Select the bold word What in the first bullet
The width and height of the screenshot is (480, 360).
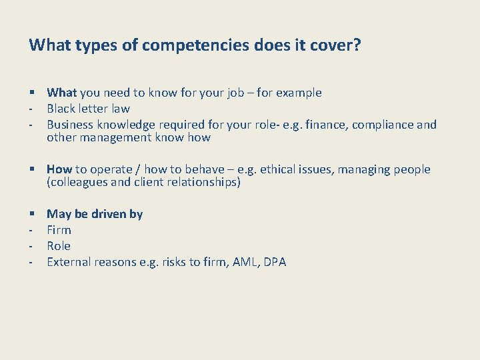click(62, 93)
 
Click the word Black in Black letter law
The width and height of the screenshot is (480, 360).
click(62, 109)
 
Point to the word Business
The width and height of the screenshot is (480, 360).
click(71, 125)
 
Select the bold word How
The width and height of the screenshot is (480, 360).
click(59, 169)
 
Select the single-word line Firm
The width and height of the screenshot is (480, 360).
click(59, 230)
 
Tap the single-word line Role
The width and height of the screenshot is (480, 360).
click(59, 246)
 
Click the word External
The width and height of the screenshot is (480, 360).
click(69, 262)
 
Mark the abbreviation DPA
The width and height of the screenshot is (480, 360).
click(275, 262)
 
